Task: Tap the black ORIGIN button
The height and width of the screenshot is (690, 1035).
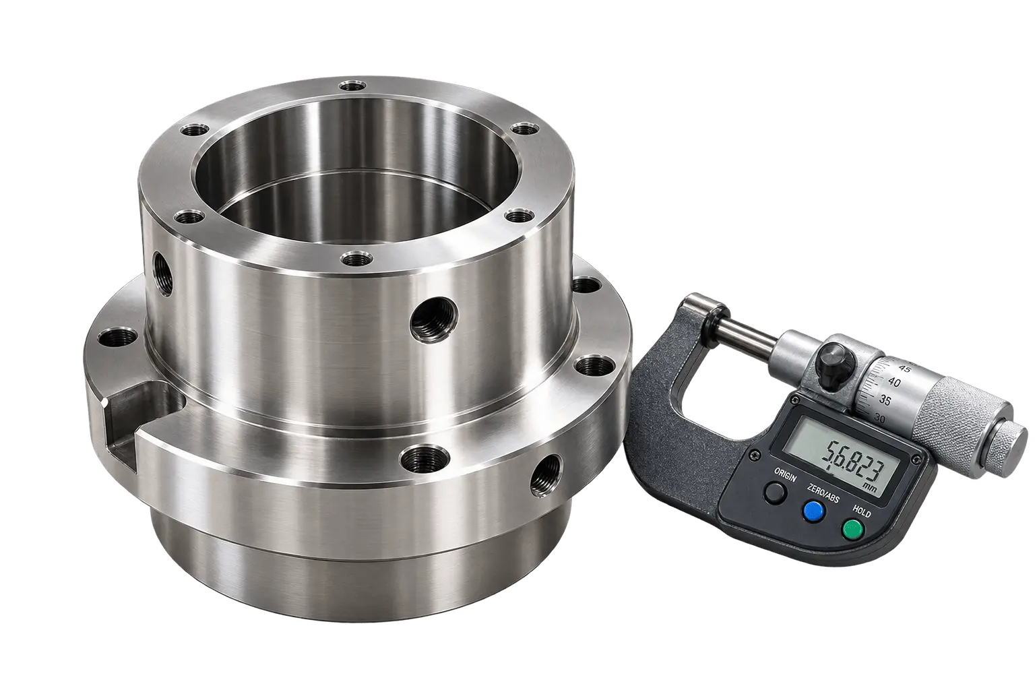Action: (775, 493)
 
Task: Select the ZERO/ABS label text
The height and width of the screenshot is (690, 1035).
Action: (823, 492)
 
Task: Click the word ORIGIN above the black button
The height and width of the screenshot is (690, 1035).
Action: (785, 475)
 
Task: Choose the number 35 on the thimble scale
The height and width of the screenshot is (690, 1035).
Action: (884, 400)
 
